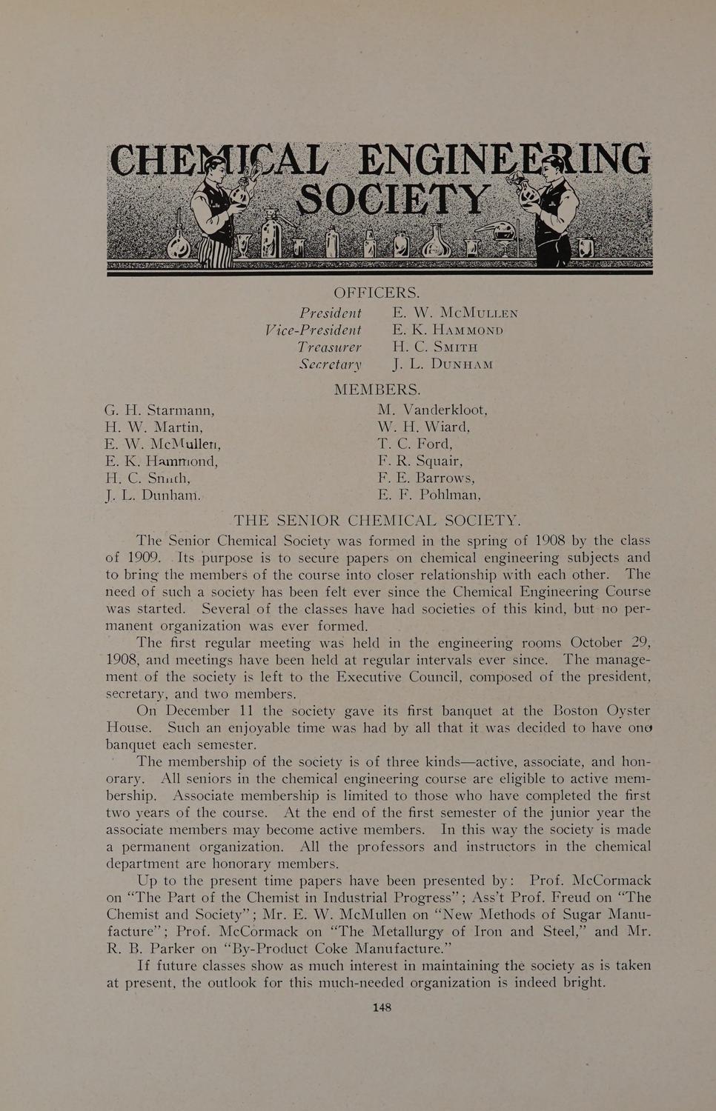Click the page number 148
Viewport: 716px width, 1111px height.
click(382, 1007)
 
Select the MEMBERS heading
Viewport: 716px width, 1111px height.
click(377, 390)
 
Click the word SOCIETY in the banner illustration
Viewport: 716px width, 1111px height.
click(393, 197)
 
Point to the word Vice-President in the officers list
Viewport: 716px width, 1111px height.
click(313, 330)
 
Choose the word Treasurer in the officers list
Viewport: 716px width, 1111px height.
click(329, 347)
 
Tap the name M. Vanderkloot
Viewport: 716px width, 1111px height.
click(432, 410)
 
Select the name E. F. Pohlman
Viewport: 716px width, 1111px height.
click(429, 495)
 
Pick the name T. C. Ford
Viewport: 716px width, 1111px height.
click(414, 444)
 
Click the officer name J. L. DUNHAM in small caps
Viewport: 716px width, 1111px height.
click(443, 364)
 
